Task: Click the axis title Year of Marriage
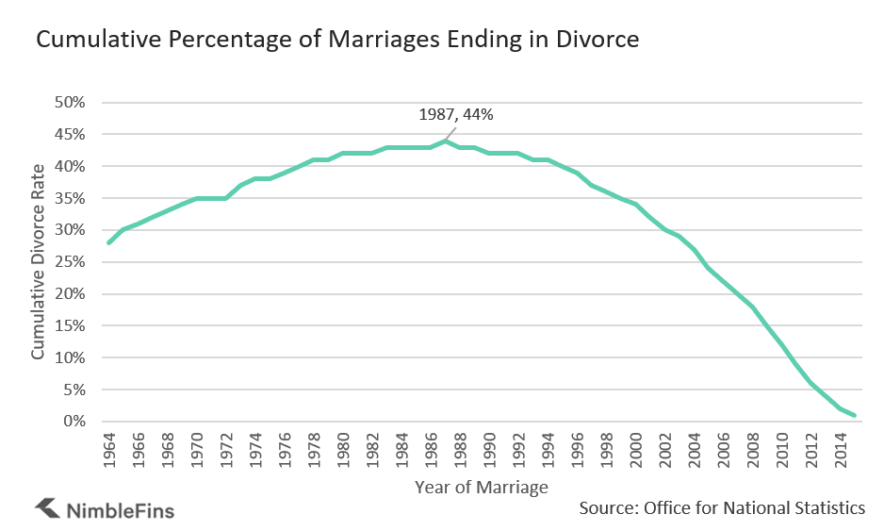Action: click(481, 488)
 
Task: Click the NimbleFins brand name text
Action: click(120, 510)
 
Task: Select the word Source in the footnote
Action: click(607, 508)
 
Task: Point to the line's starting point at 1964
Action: click(109, 242)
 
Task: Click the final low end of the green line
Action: click(854, 415)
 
